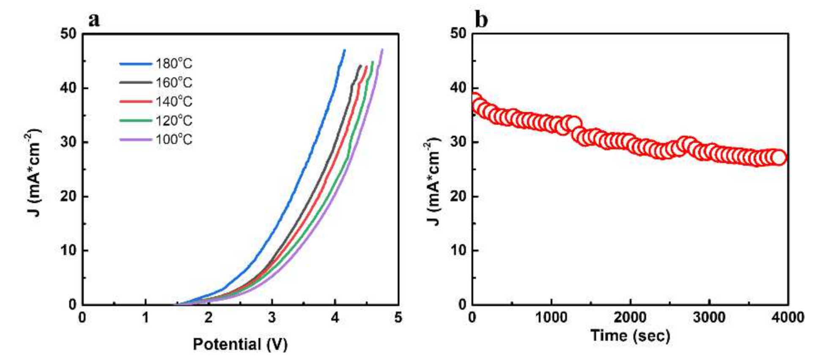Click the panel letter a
(x=94, y=19)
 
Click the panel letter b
(x=481, y=19)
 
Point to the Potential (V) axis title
(x=240, y=344)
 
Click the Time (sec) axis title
(x=630, y=336)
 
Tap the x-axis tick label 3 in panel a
(x=272, y=317)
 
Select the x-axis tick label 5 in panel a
(x=398, y=317)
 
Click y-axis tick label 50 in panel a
(x=68, y=33)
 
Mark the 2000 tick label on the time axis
(x=630, y=317)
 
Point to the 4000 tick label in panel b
(x=787, y=317)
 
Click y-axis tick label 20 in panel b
(x=458, y=196)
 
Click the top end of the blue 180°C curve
(x=345, y=50)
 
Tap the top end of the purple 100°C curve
(x=382, y=49)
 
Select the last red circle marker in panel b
(x=779, y=158)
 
